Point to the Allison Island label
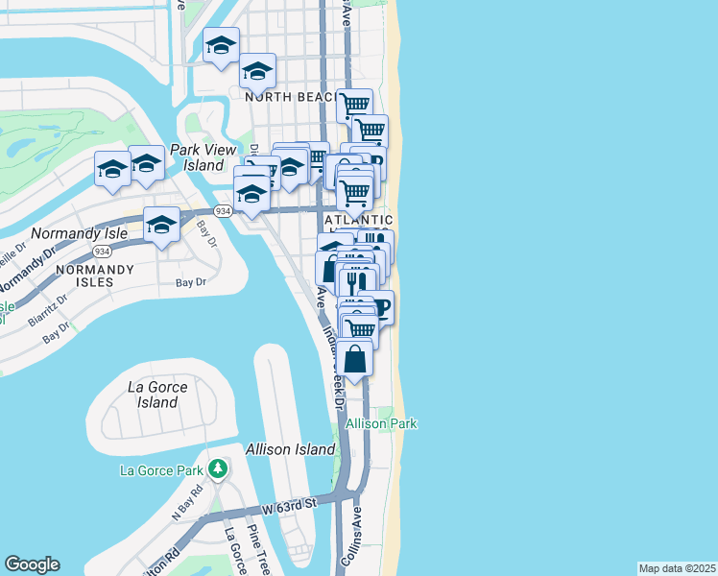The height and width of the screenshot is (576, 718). click(290, 449)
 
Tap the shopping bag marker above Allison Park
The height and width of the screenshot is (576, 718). click(355, 359)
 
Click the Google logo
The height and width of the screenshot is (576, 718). click(32, 564)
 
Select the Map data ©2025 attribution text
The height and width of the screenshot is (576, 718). click(677, 568)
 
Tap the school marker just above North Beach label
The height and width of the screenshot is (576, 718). click(257, 71)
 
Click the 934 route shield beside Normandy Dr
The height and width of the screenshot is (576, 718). click(101, 251)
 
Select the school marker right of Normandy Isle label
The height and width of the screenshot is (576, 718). click(161, 226)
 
